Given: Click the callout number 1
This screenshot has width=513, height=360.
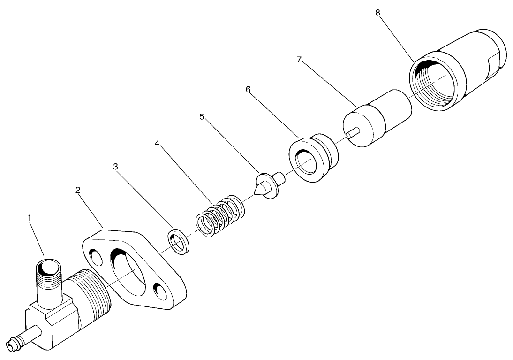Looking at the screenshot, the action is pyautogui.click(x=29, y=218).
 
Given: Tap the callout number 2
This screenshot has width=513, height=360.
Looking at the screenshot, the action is pyautogui.click(x=78, y=190).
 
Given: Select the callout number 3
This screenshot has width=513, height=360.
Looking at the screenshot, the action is pyautogui.click(x=116, y=166).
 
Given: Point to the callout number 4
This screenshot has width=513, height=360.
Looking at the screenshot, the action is pyautogui.click(x=158, y=143).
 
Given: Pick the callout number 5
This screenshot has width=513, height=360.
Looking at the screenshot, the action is pyautogui.click(x=202, y=116).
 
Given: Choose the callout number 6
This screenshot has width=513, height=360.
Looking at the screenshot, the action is pyautogui.click(x=248, y=89).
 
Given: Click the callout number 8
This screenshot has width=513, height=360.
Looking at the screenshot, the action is pyautogui.click(x=378, y=12).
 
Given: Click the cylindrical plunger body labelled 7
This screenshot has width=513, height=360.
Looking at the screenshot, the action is pyautogui.click(x=377, y=119).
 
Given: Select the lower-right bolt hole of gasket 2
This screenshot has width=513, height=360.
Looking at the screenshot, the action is pyautogui.click(x=162, y=292).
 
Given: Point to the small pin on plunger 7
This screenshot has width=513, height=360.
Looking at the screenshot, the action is pyautogui.click(x=354, y=133).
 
